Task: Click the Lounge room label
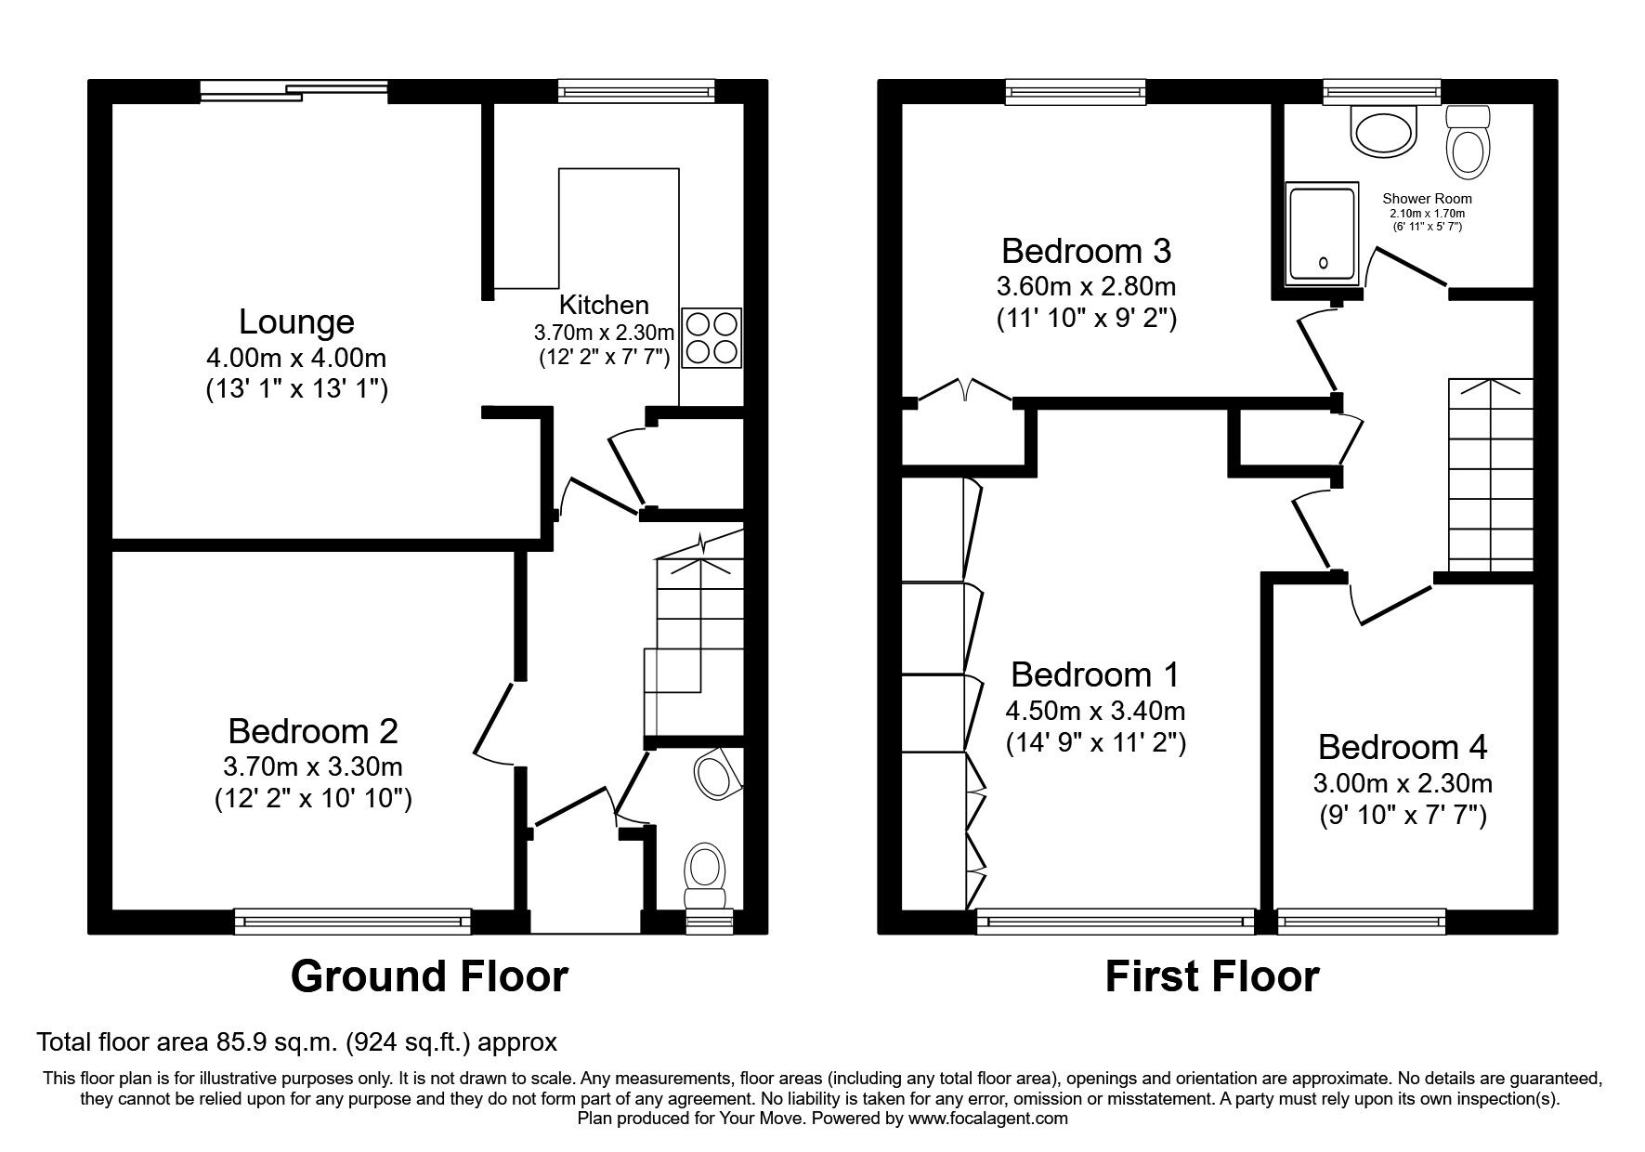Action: (x=296, y=321)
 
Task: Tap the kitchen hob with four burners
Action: (x=712, y=338)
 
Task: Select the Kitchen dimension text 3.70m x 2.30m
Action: (x=603, y=332)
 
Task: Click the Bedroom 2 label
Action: (x=312, y=731)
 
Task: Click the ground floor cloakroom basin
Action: (x=717, y=774)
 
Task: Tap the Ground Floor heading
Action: (x=429, y=976)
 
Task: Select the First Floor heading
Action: (x=1211, y=976)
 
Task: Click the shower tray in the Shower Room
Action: (x=1322, y=233)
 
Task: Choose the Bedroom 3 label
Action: (x=1086, y=251)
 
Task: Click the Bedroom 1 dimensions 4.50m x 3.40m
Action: (x=1095, y=712)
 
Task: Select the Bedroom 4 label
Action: (x=1402, y=747)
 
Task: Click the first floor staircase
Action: (x=1490, y=475)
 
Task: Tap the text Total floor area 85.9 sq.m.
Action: (x=296, y=1041)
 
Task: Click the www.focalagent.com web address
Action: (x=988, y=1119)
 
